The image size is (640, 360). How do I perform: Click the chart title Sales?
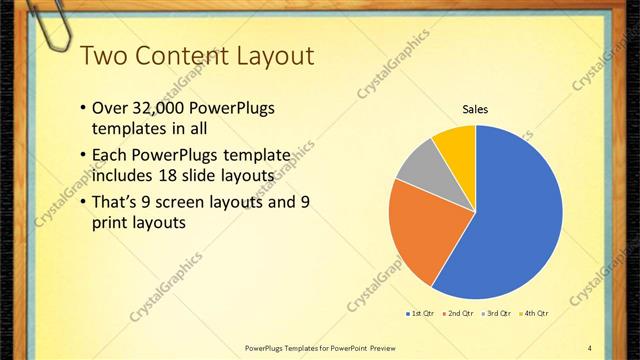[x=474, y=109]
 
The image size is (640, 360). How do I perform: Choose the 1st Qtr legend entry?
[x=420, y=314]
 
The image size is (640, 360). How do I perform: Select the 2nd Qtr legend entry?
[x=460, y=314]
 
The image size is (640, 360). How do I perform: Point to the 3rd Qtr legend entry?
[x=499, y=314]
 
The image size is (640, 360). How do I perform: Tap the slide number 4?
[x=590, y=347]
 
